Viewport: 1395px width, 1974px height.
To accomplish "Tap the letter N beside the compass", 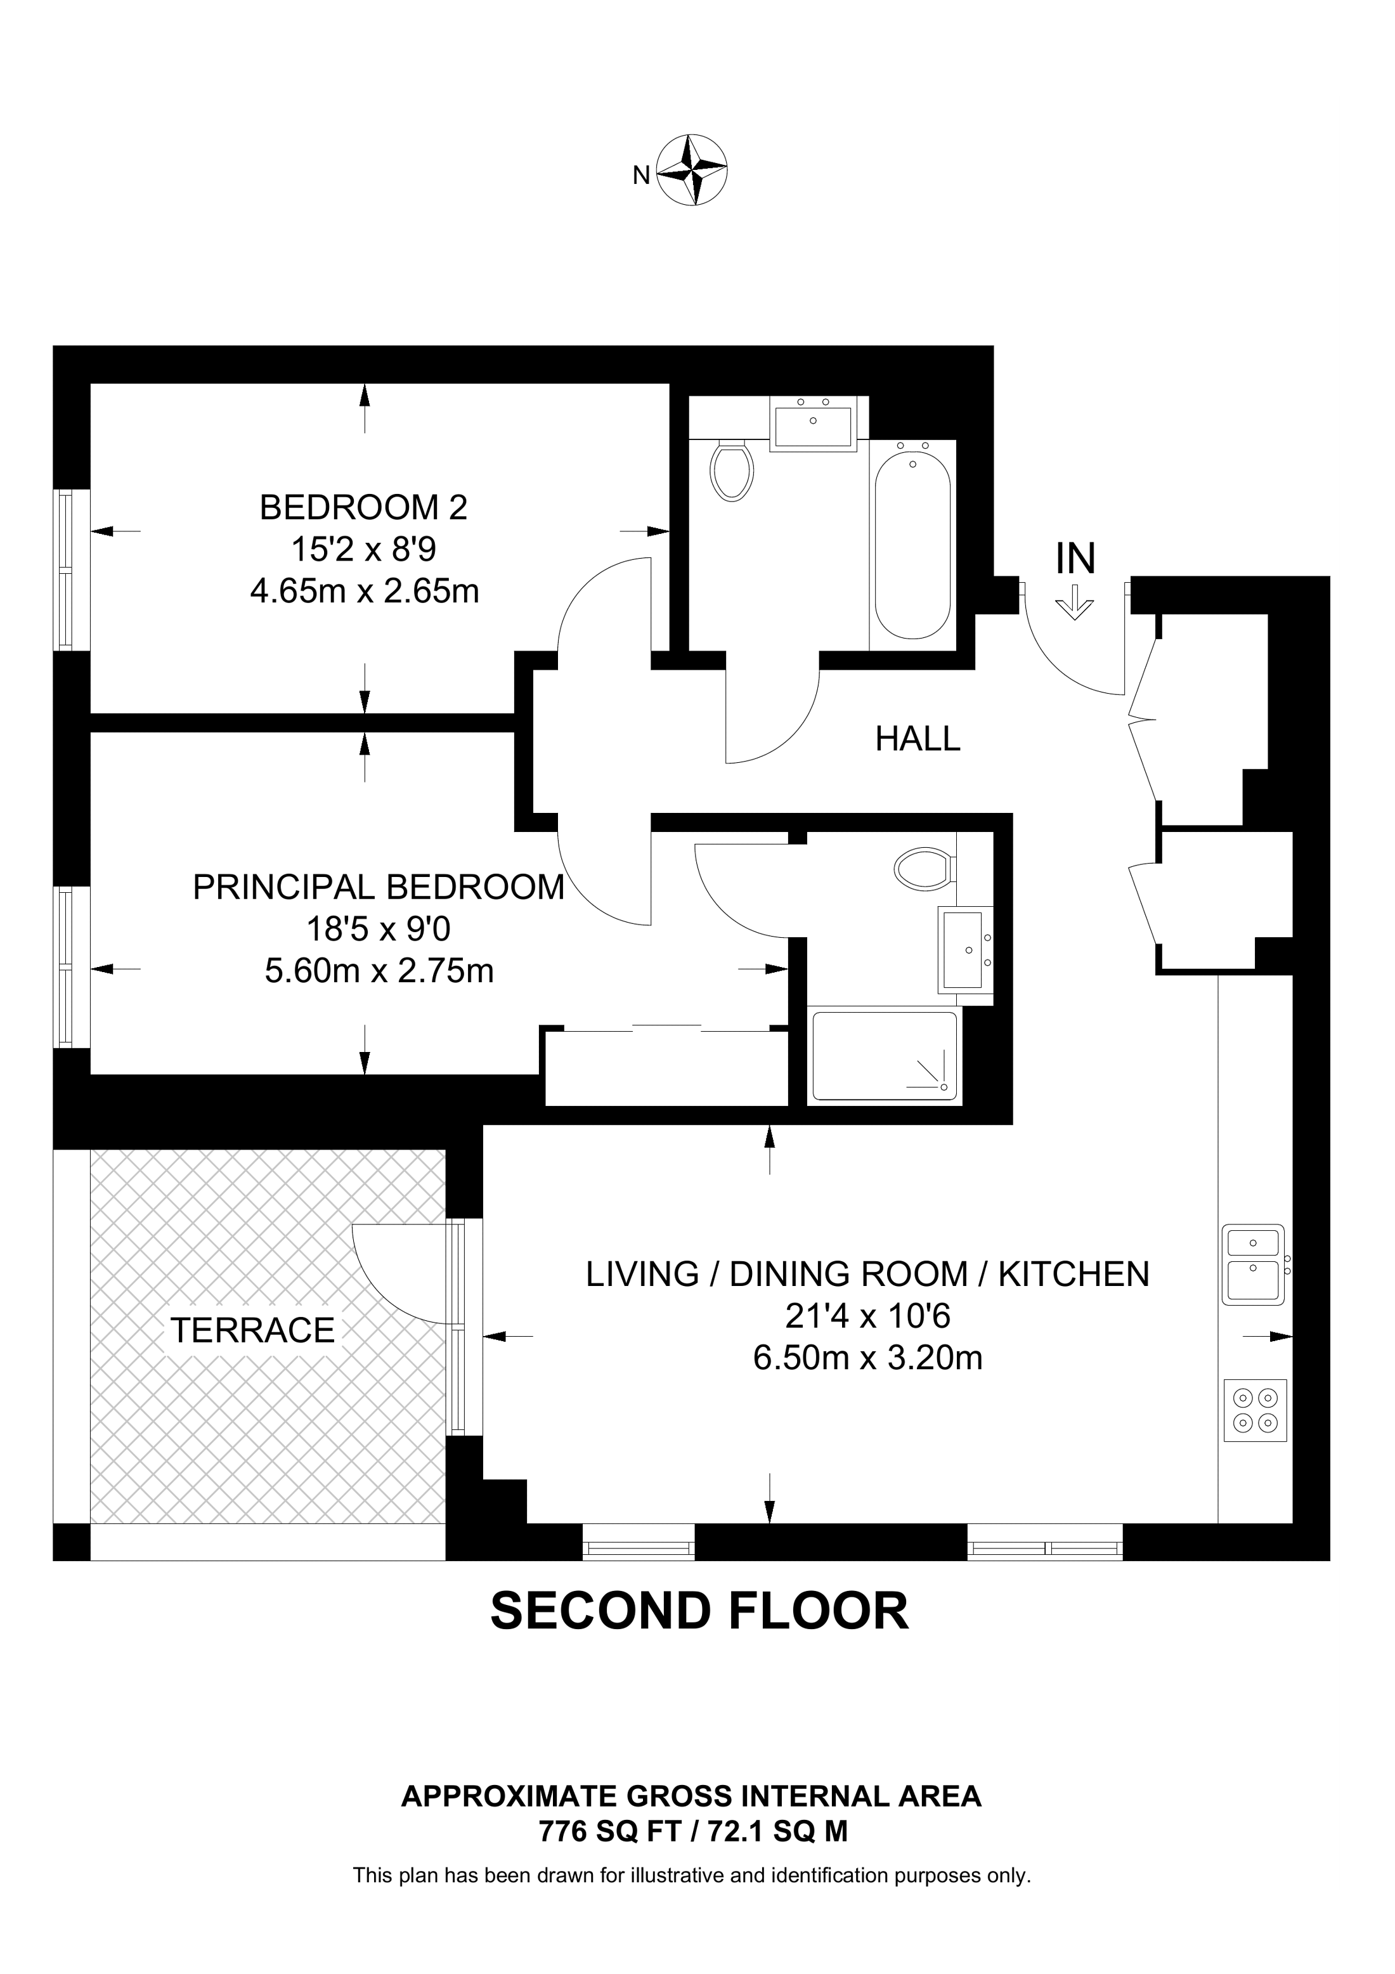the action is click(x=641, y=176).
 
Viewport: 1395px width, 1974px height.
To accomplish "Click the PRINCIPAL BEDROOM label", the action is click(x=379, y=886).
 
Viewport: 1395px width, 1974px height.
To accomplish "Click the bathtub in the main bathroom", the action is click(x=913, y=544).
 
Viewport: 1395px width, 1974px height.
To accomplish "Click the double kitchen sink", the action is click(x=1254, y=1264).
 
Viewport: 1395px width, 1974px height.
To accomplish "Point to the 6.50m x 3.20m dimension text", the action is click(x=868, y=1358).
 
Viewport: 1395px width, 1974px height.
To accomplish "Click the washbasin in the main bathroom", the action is click(x=813, y=425).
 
